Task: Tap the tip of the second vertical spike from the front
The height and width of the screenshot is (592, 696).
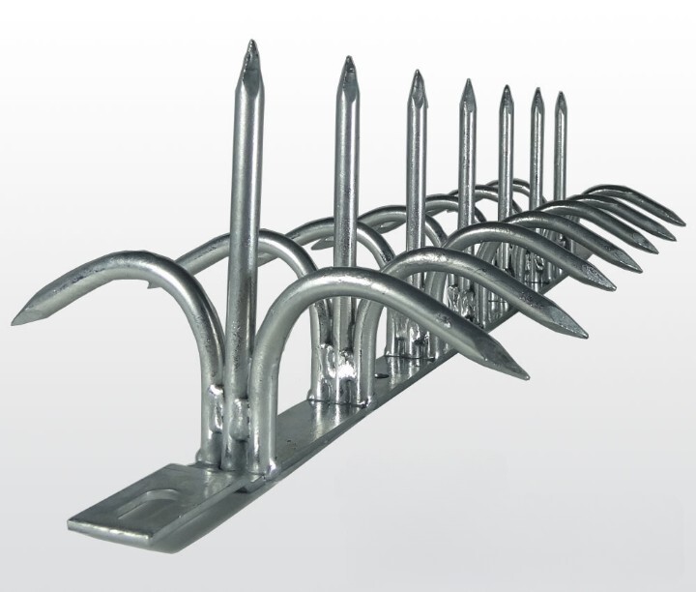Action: tap(347, 59)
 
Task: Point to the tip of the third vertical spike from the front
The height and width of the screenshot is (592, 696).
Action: tap(416, 73)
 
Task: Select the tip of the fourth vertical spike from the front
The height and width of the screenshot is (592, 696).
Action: tap(467, 82)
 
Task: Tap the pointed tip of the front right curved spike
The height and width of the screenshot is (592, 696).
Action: tap(527, 374)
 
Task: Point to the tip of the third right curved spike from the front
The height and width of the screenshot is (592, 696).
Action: tap(617, 288)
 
